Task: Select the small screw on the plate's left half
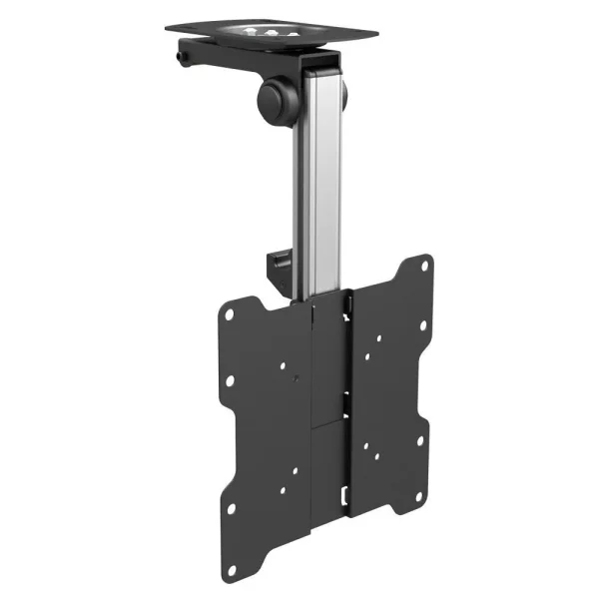(x=297, y=378)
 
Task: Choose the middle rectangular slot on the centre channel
(x=345, y=400)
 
